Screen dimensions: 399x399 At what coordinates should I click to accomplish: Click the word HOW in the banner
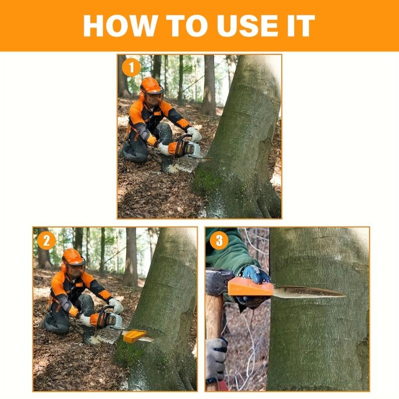(x=119, y=26)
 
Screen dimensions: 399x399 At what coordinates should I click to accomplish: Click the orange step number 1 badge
(x=131, y=67)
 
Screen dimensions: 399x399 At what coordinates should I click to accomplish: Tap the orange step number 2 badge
(x=46, y=240)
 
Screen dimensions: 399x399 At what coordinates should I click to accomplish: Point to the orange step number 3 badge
(x=219, y=240)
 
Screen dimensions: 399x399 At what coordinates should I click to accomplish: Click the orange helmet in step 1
(x=152, y=85)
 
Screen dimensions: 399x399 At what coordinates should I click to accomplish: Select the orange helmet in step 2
(x=73, y=257)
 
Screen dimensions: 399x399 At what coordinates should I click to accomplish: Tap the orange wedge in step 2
(x=134, y=336)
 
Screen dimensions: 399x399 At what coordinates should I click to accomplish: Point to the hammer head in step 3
(x=219, y=281)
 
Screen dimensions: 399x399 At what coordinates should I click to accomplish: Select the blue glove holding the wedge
(x=254, y=277)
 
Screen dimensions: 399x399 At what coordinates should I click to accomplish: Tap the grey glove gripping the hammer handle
(x=216, y=359)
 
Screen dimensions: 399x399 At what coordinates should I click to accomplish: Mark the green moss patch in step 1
(x=207, y=180)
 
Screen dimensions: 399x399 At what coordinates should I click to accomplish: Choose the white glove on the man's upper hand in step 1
(x=195, y=134)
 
